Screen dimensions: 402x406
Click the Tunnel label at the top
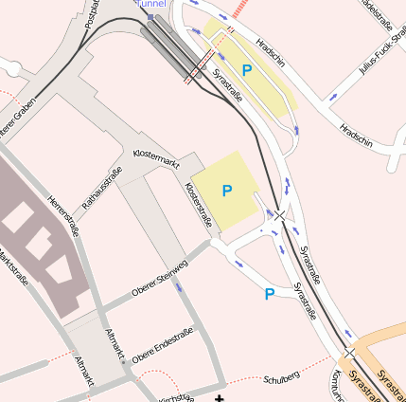tap(150, 4)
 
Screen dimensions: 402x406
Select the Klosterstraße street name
tap(200, 204)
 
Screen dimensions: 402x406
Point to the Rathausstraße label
tap(102, 188)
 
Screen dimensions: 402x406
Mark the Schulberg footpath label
tap(282, 376)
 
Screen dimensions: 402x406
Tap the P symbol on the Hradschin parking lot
tap(247, 70)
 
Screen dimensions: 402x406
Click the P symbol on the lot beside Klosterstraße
tap(227, 191)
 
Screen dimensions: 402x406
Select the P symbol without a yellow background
tap(270, 294)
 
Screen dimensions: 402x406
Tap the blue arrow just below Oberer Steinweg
tap(180, 285)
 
